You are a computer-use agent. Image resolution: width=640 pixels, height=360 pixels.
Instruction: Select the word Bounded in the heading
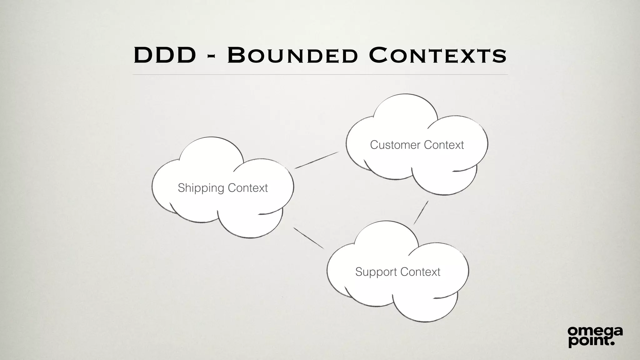(x=292, y=55)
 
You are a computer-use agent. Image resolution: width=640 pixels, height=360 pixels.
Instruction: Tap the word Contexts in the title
(x=437, y=55)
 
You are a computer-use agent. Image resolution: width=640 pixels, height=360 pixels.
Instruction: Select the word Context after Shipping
(x=247, y=188)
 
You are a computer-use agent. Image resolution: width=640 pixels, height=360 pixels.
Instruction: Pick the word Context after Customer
(x=444, y=145)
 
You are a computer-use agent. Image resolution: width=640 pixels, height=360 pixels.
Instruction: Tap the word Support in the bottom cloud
(x=376, y=272)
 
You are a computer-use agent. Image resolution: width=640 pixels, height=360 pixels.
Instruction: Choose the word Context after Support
(x=420, y=272)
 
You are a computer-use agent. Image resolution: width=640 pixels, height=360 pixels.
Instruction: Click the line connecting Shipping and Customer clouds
(x=317, y=160)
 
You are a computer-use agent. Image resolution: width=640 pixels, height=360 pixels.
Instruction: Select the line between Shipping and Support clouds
(x=309, y=238)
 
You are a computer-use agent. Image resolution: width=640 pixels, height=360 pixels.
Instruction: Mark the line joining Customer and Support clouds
(x=421, y=213)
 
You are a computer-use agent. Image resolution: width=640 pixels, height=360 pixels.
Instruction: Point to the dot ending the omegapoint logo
(x=612, y=343)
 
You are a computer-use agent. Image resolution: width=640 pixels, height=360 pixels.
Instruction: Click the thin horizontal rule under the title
(x=320, y=75)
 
